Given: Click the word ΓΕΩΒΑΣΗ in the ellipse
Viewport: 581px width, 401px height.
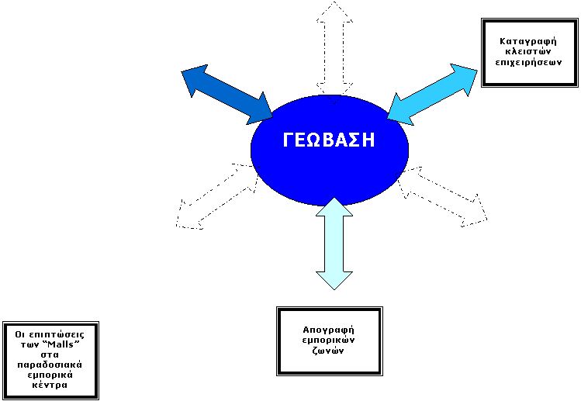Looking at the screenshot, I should (328, 140).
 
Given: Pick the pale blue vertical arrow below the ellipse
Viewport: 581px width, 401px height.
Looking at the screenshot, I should (334, 243).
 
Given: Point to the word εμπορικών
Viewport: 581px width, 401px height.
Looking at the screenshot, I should (329, 341).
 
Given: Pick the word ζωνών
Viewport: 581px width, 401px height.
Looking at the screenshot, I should (329, 351).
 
